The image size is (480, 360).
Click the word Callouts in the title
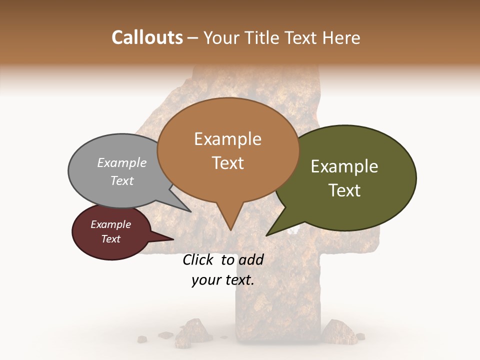[147, 37]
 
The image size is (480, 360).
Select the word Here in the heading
[341, 37]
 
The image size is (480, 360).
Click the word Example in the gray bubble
[122, 163]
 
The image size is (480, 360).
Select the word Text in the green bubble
[344, 190]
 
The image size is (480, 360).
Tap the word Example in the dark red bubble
[110, 224]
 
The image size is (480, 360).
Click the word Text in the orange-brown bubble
[228, 163]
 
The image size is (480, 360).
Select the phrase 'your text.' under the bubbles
[223, 280]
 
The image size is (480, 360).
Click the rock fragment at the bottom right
[333, 330]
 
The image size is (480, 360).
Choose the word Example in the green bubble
[344, 166]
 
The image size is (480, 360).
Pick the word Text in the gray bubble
[122, 180]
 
